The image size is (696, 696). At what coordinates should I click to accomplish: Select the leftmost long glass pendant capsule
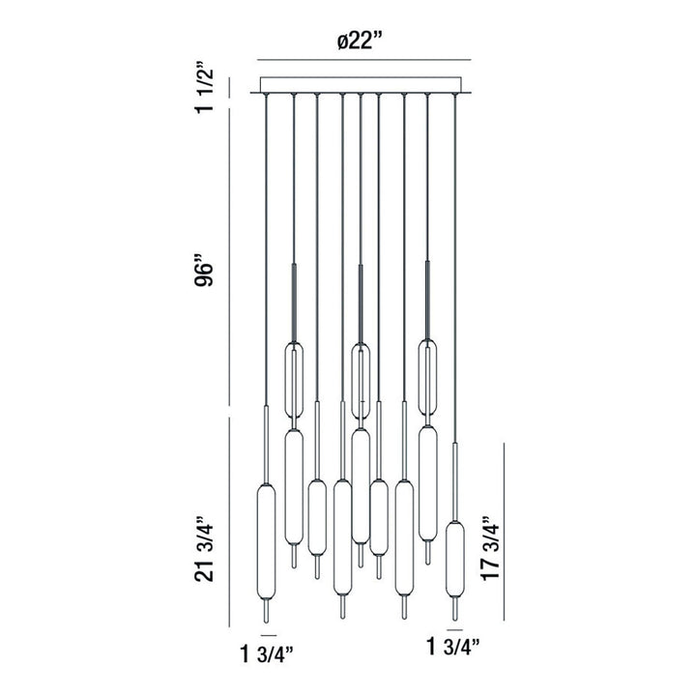[265, 546]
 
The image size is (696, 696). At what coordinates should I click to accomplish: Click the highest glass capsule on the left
[293, 379]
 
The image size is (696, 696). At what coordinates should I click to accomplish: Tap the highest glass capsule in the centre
[361, 379]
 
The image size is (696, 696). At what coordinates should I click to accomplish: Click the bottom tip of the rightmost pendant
[454, 617]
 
